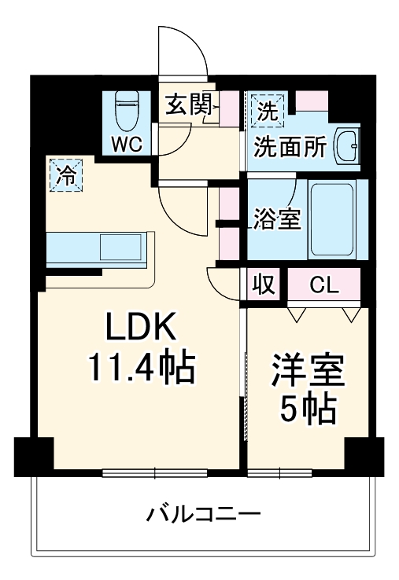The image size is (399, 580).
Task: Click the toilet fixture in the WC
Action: pos(127,111)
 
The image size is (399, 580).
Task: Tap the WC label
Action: pos(127,144)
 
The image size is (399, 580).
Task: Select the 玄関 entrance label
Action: pos(189,104)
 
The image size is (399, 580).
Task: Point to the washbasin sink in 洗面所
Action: pos(347,146)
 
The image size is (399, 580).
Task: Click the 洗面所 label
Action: pos(290,147)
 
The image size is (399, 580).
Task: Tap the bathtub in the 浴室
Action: pos(331,219)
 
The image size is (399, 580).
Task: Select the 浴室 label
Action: pos(278,218)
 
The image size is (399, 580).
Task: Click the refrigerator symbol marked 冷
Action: pos(66,175)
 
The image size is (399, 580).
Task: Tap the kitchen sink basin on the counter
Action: pos(120,247)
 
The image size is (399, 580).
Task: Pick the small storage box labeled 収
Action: pos(264,285)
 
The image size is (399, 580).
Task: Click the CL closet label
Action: pos(324,285)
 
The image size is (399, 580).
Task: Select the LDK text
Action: pos(140,327)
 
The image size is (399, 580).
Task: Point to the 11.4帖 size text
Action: pos(140,367)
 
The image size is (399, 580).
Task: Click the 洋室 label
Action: pos(308,370)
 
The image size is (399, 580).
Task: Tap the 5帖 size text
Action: pos(308,410)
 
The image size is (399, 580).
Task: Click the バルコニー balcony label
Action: pos(204,514)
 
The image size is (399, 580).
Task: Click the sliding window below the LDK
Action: pos(154,472)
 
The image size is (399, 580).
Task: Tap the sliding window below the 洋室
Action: pos(280,472)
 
